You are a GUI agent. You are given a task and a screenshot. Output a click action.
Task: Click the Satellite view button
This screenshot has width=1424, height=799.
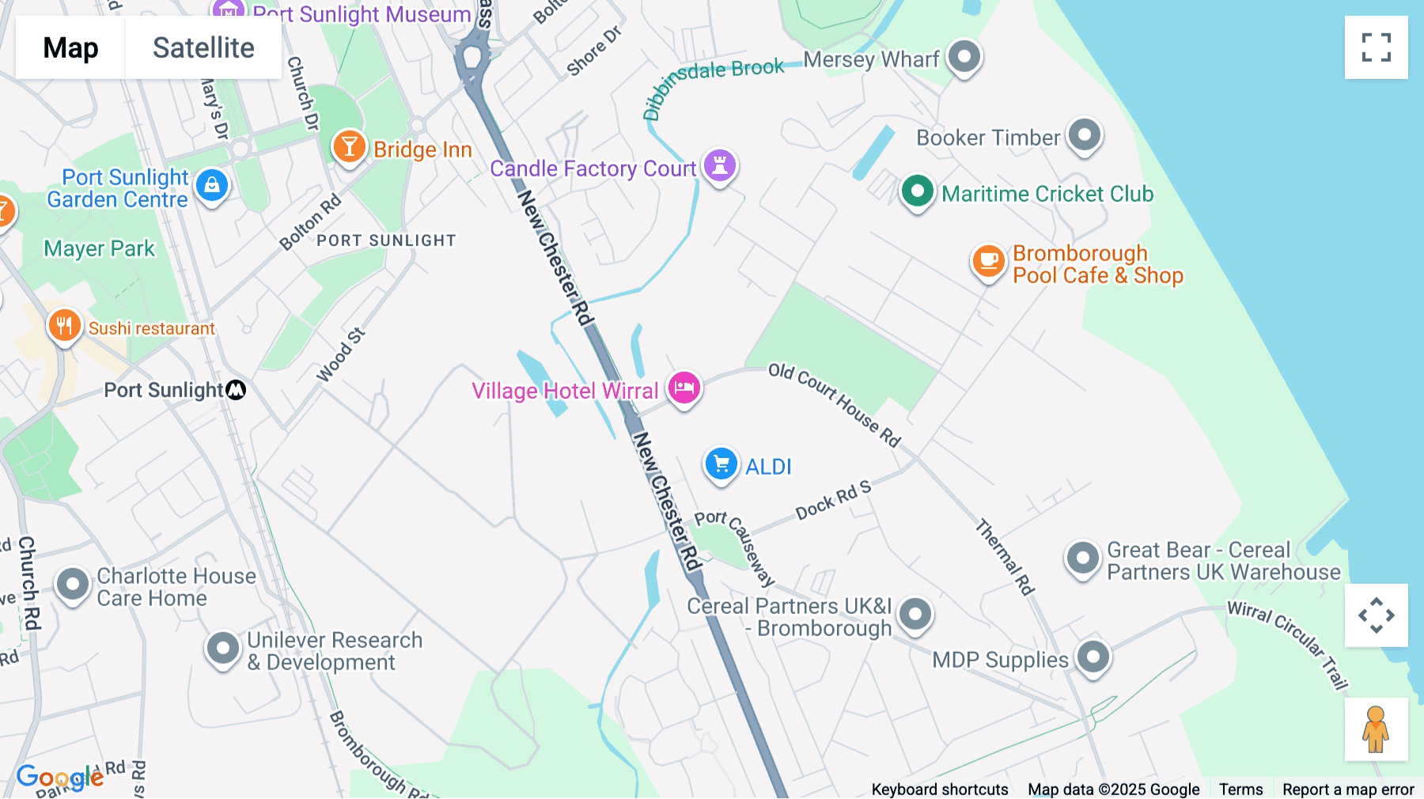click(203, 47)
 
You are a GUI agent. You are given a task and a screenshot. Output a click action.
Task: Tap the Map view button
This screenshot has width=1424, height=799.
click(70, 47)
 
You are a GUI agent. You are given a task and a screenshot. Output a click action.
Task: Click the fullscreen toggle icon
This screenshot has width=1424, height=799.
click(1376, 47)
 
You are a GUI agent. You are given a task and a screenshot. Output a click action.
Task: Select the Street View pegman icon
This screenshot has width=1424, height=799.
click(1376, 729)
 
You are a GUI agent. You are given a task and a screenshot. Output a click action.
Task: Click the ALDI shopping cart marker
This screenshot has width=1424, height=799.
click(721, 464)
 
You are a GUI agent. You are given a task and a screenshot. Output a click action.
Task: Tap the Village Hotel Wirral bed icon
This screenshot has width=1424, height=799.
click(684, 388)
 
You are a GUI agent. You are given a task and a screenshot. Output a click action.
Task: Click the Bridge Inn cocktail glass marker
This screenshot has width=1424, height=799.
click(349, 147)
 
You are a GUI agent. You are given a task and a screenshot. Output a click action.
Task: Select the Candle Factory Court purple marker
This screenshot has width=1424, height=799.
click(720, 166)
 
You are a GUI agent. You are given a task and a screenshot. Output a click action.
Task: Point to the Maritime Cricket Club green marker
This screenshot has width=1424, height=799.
click(918, 191)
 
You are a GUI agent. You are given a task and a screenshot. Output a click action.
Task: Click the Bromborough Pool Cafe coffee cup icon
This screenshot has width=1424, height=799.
click(988, 260)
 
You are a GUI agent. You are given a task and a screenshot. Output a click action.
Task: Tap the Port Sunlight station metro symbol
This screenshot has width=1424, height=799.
click(236, 390)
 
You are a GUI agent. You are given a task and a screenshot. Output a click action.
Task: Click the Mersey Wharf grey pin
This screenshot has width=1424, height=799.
click(964, 57)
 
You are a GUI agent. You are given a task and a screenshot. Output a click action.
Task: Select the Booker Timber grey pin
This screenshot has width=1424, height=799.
click(1085, 135)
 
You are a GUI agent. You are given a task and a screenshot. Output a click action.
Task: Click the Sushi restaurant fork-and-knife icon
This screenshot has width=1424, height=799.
click(64, 325)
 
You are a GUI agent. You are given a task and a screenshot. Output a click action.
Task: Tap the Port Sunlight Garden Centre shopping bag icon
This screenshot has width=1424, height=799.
click(211, 186)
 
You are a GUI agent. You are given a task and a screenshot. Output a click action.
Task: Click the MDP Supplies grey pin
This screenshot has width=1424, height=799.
click(1093, 657)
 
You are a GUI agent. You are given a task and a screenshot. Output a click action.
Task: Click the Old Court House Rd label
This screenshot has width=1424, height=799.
click(835, 404)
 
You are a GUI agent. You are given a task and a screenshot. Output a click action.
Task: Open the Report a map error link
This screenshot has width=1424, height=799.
click(1348, 789)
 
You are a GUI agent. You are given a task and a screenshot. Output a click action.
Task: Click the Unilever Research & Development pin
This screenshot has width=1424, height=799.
click(223, 649)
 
